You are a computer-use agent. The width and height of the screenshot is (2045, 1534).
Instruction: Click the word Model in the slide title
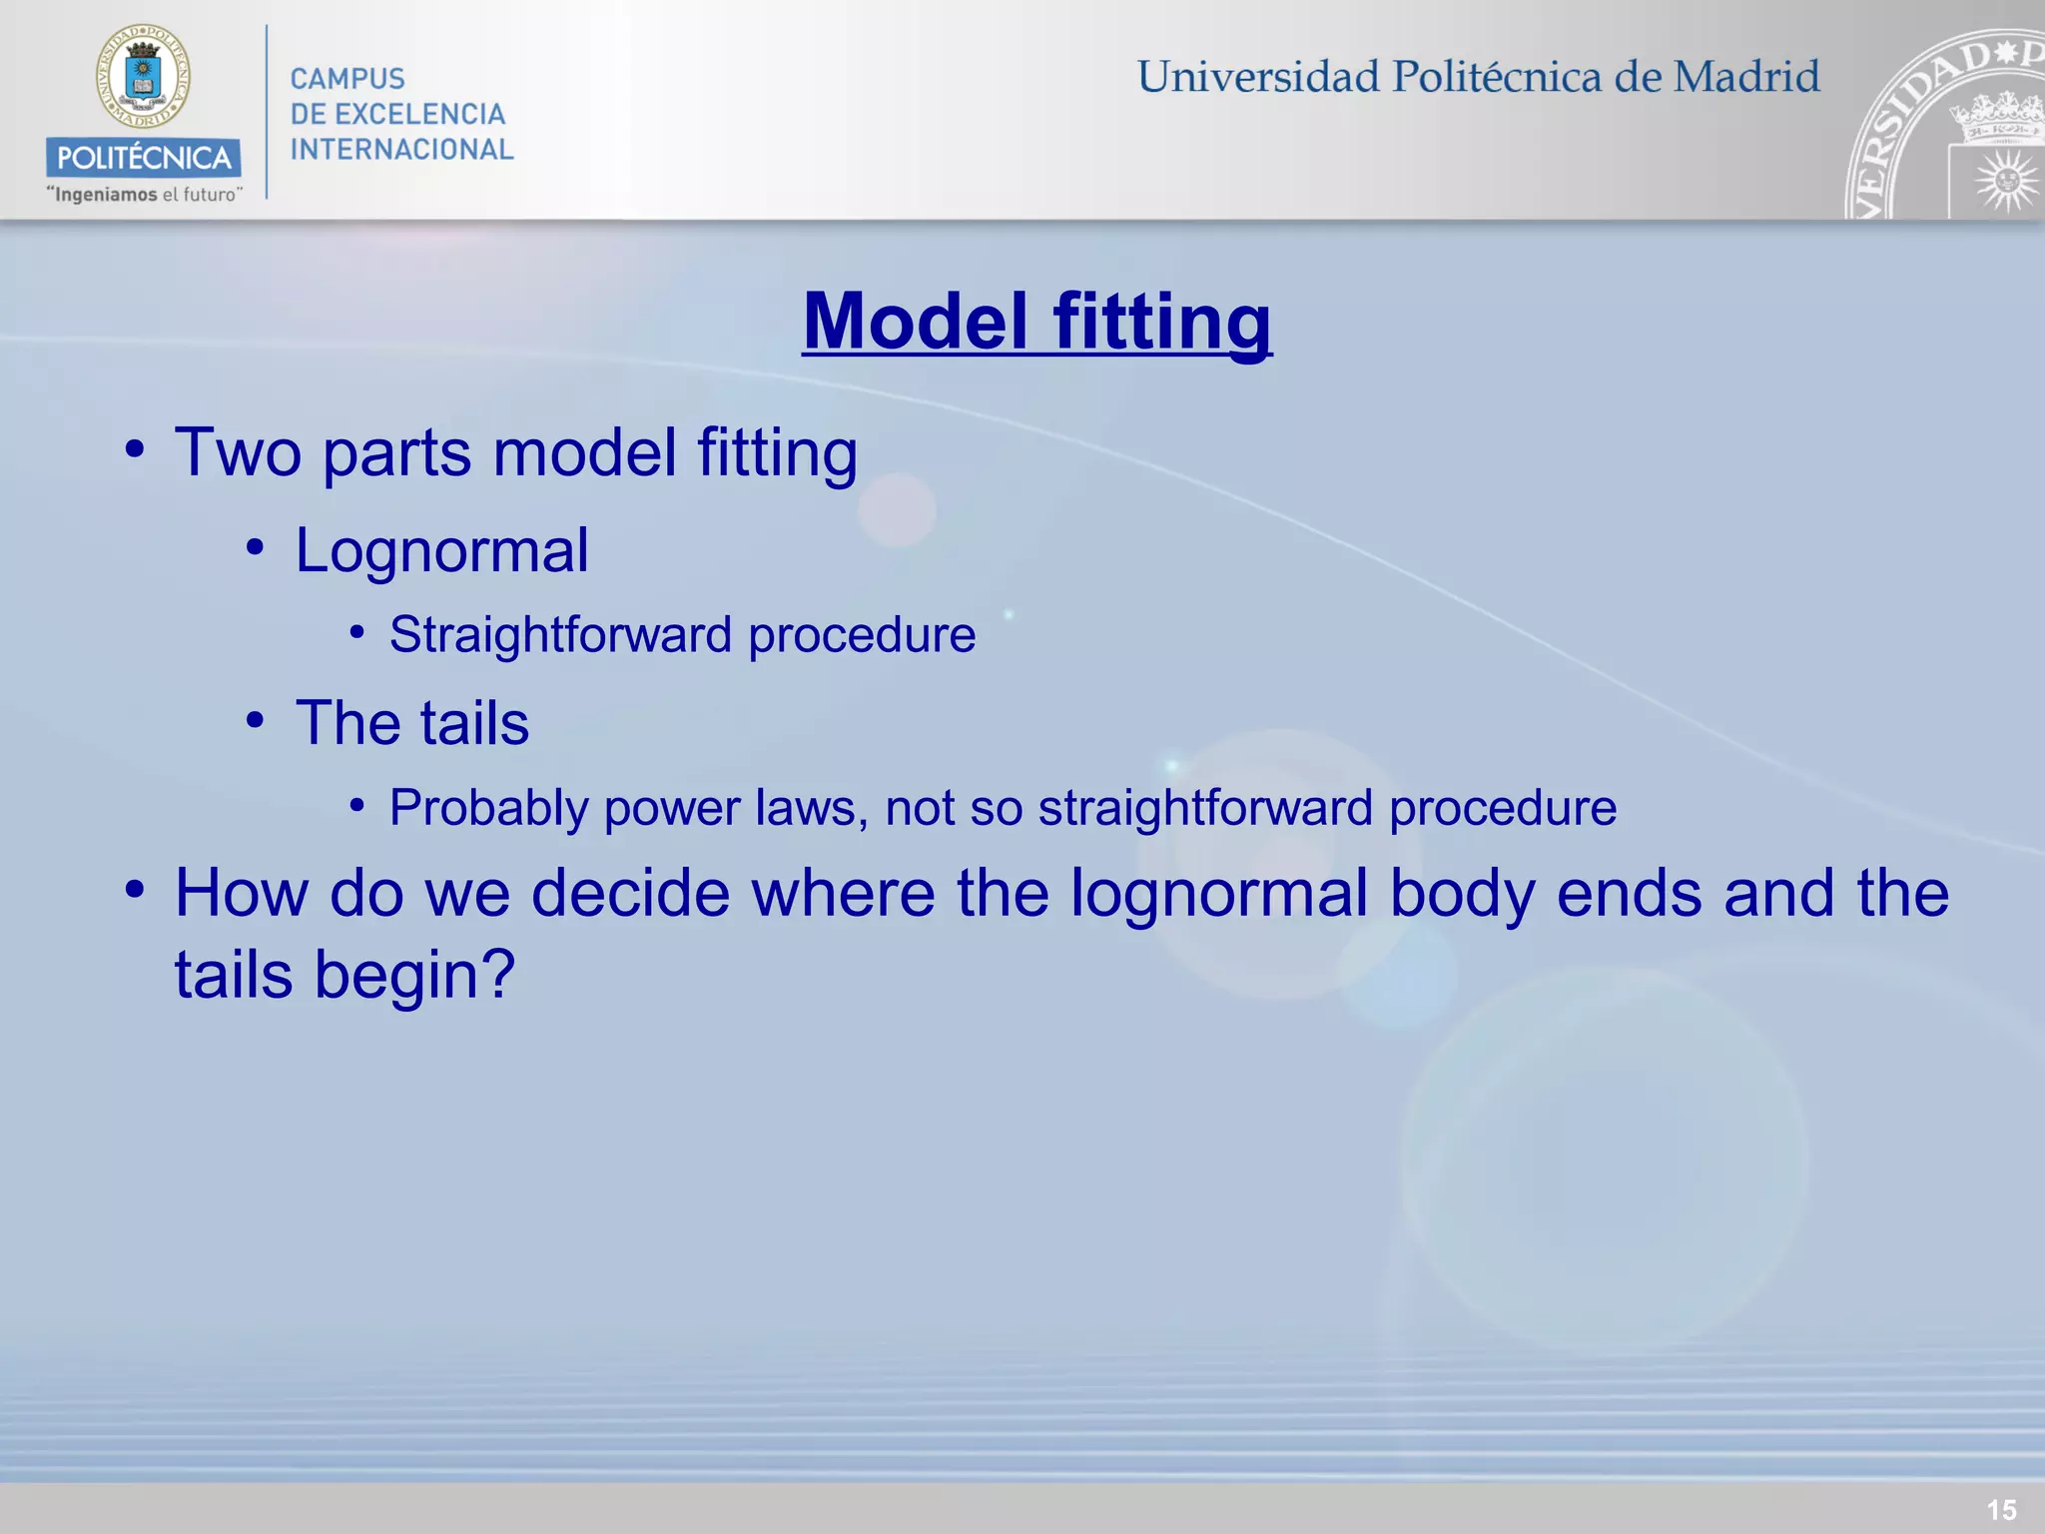point(915,322)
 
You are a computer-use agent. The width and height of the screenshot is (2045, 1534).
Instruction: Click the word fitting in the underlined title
point(1162,322)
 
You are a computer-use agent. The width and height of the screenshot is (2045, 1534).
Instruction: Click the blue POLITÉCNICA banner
point(143,158)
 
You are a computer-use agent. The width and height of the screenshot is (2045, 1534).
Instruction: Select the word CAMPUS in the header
point(347,79)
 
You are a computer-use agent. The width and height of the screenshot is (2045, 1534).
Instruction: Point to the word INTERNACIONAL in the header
point(401,150)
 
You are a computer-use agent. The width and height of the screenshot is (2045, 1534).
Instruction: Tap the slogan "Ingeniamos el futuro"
point(145,195)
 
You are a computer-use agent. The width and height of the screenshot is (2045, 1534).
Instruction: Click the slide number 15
point(2001,1509)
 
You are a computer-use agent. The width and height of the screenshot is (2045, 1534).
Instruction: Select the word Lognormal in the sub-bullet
point(441,550)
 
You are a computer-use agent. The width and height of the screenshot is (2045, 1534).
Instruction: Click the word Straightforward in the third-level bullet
point(561,635)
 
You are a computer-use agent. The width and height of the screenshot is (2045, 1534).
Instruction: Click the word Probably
point(488,808)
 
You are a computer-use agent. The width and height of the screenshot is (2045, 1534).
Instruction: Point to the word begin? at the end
point(414,975)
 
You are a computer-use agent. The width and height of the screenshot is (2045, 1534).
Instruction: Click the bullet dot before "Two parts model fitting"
point(135,448)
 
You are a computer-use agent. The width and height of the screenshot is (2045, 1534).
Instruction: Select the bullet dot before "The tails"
point(256,719)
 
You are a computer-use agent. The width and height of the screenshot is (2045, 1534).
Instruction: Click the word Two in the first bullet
point(238,452)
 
